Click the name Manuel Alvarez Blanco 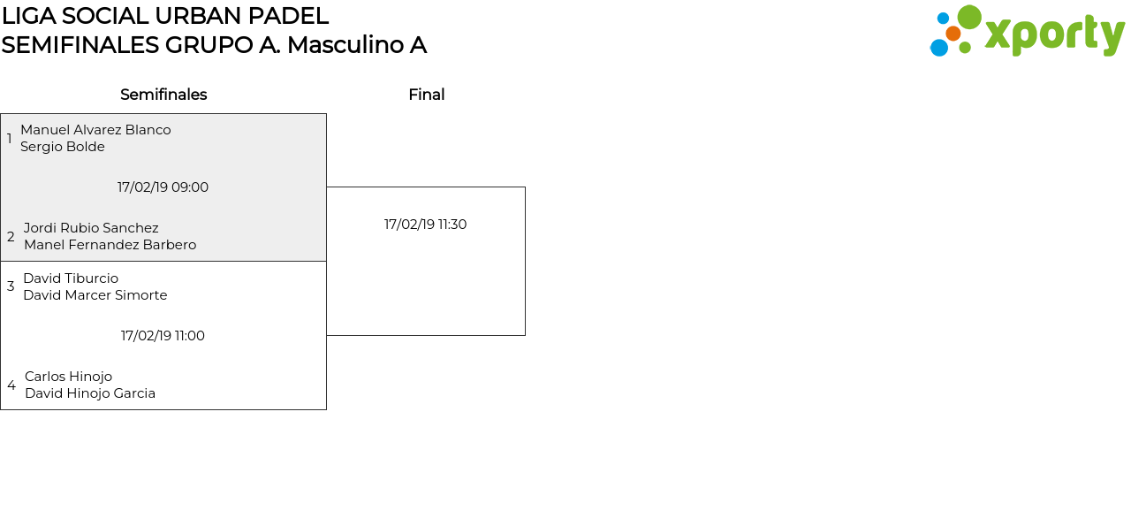point(95,130)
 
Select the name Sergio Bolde point(63,147)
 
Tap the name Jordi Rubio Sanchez point(91,228)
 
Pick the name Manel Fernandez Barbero point(110,245)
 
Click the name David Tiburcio point(71,278)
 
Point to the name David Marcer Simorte point(95,295)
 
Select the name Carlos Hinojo point(68,377)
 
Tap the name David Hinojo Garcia point(90,393)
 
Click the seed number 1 point(9,139)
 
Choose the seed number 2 point(11,236)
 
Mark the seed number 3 point(11,286)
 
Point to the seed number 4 point(11,385)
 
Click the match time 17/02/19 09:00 point(163,187)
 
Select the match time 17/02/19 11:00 point(163,336)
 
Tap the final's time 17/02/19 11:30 point(425,225)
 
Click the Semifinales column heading point(163,95)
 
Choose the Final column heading point(427,95)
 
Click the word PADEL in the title point(288,16)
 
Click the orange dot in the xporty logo point(953,34)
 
